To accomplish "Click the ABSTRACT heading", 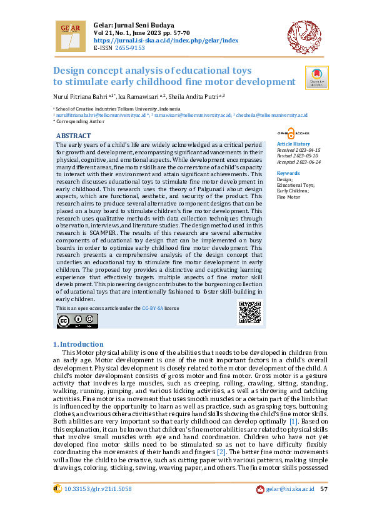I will pyautogui.click(x=74, y=136).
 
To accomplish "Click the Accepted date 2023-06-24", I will pyautogui.click(x=298, y=161).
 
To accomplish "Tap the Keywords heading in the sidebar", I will pyautogui.click(x=288, y=173).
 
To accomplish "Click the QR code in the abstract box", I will pyautogui.click(x=249, y=312).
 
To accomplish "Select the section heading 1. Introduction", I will pyautogui.click(x=78, y=344).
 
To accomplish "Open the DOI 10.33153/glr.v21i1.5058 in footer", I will pyautogui.click(x=98, y=506).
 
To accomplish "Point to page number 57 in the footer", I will pyautogui.click(x=324, y=506).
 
